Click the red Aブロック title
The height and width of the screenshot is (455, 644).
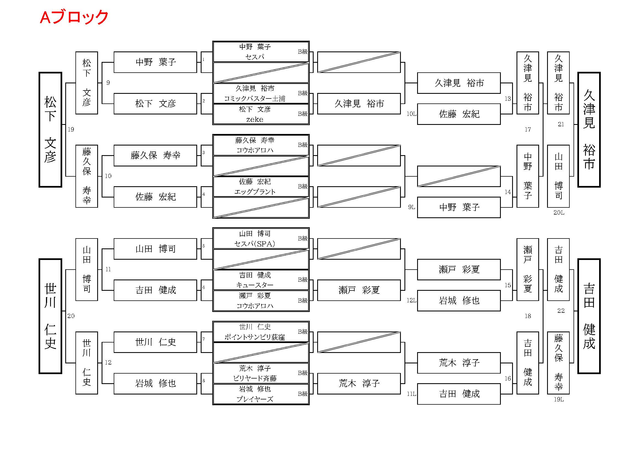coord(74,17)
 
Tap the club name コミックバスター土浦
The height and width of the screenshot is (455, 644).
coord(254,99)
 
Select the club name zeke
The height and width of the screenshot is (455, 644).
coord(254,120)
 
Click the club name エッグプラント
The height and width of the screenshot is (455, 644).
coord(254,192)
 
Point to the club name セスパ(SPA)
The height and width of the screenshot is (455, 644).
coord(254,244)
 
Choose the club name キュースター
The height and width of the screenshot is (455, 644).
coord(254,285)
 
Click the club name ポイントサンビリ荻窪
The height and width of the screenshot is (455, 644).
coord(254,337)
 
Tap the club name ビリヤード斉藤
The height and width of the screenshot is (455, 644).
coord(254,379)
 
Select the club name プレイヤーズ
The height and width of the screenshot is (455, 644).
coord(254,399)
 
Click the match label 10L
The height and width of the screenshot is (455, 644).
coord(411,114)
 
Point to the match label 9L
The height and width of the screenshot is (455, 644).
coord(411,207)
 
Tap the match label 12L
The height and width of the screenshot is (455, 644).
coord(411,301)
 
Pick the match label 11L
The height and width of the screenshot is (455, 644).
coord(411,394)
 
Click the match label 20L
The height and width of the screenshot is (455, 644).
coord(558,213)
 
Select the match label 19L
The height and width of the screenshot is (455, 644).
coord(558,399)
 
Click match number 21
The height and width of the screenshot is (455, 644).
coord(561,124)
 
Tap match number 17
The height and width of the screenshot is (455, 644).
coord(528,130)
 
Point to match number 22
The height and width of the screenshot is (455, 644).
coord(561,311)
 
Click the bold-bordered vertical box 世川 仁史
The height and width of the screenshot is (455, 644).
coord(50,316)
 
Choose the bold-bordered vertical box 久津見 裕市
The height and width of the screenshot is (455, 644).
coord(589,130)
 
